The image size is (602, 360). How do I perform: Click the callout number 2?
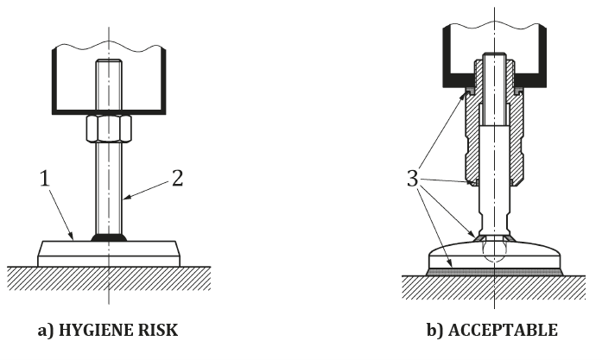point(177,179)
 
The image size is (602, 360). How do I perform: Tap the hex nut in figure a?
point(108,129)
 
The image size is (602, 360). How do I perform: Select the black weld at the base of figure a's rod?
point(109,237)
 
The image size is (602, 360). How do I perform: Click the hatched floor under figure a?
point(52,278)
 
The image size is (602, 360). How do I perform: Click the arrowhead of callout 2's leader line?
point(124,198)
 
